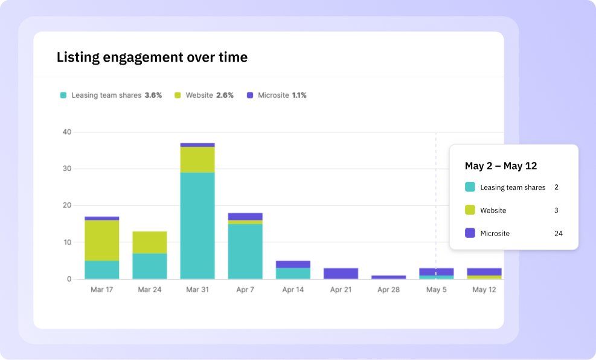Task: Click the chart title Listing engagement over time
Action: tap(152, 57)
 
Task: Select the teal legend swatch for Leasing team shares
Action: tap(63, 95)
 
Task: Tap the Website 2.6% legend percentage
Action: tap(225, 95)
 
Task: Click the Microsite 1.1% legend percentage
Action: tap(300, 95)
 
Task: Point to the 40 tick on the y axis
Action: tap(66, 132)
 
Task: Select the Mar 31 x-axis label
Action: tap(197, 290)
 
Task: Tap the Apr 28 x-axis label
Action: tap(388, 290)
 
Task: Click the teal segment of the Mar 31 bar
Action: tap(197, 225)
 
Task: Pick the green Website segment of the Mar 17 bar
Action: tap(101, 240)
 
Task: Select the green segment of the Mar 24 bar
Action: tap(149, 242)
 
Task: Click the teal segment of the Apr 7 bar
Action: tap(245, 251)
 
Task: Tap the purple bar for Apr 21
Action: tap(341, 273)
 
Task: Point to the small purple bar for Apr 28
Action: tap(388, 277)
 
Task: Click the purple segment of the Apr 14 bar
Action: tap(293, 264)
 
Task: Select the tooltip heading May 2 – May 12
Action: tap(501, 166)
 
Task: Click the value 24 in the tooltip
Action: tap(558, 233)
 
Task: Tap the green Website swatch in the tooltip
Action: tap(470, 210)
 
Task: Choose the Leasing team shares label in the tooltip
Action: tap(513, 187)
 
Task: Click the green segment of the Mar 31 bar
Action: tap(197, 159)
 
